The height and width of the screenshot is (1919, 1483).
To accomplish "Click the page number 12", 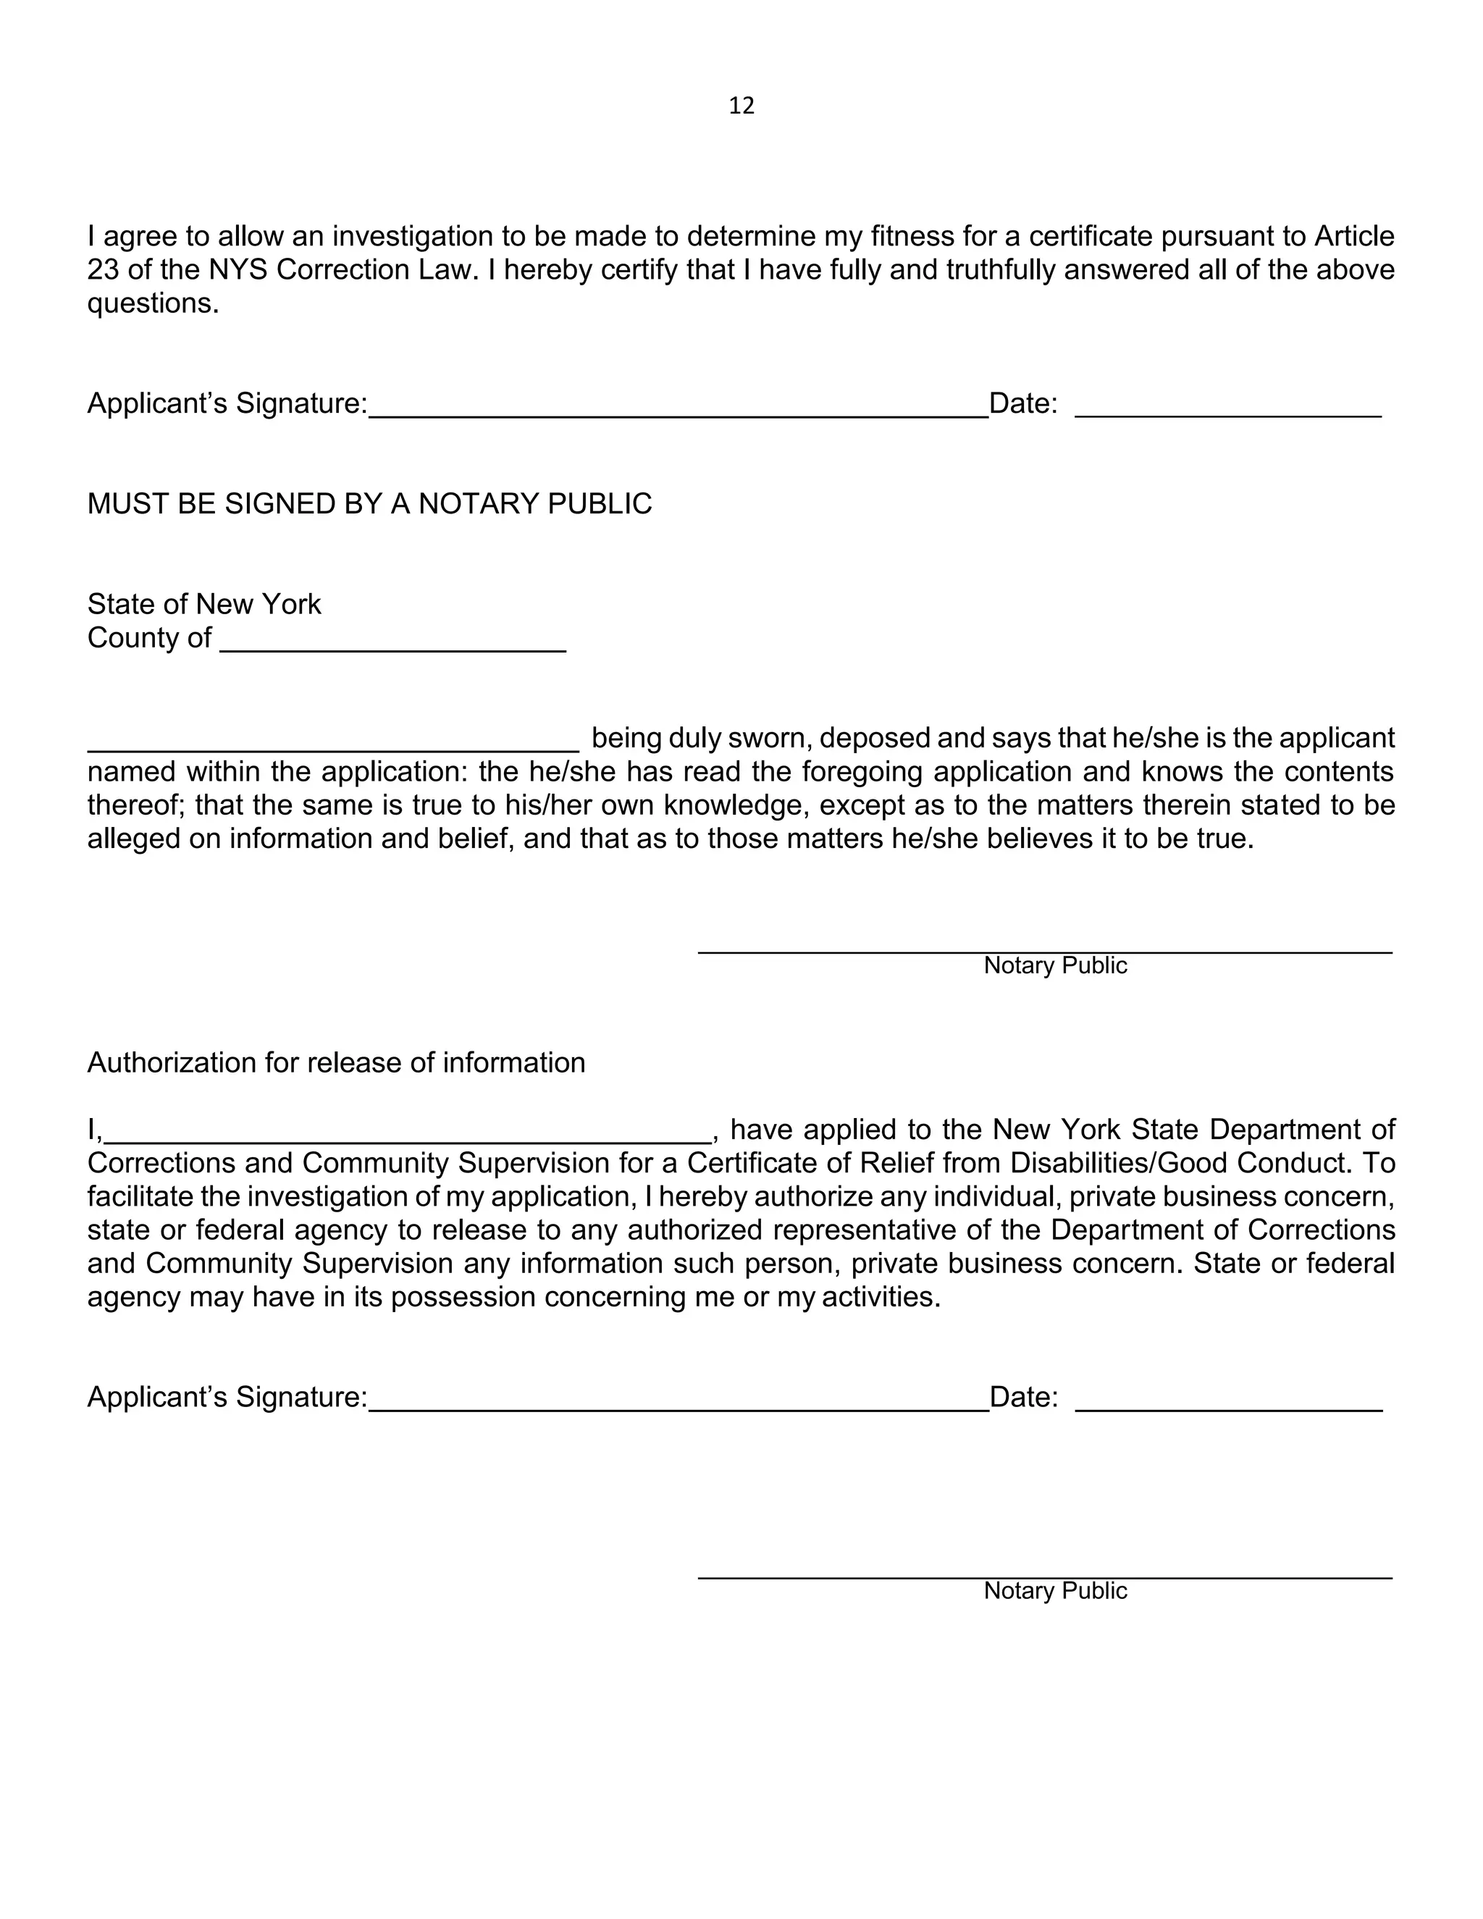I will (741, 106).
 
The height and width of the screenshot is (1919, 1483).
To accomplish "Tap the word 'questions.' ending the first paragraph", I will (153, 304).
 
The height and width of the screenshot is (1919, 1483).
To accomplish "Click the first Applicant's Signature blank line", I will (679, 411).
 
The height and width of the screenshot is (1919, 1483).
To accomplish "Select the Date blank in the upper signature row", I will (1228, 411).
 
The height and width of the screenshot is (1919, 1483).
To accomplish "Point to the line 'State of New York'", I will (203, 605).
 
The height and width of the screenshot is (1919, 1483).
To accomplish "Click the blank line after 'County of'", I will (392, 645).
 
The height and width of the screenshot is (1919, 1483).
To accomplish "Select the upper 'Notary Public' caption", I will (1054, 965).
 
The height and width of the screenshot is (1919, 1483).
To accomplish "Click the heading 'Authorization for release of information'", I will (335, 1063).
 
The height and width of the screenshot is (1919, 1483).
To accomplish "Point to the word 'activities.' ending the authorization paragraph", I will (881, 1297).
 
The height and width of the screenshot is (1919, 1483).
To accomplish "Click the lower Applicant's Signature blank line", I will (679, 1405).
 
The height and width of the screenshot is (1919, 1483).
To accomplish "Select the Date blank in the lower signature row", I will (1228, 1405).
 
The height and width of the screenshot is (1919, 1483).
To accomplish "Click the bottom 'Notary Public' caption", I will (1054, 1591).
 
